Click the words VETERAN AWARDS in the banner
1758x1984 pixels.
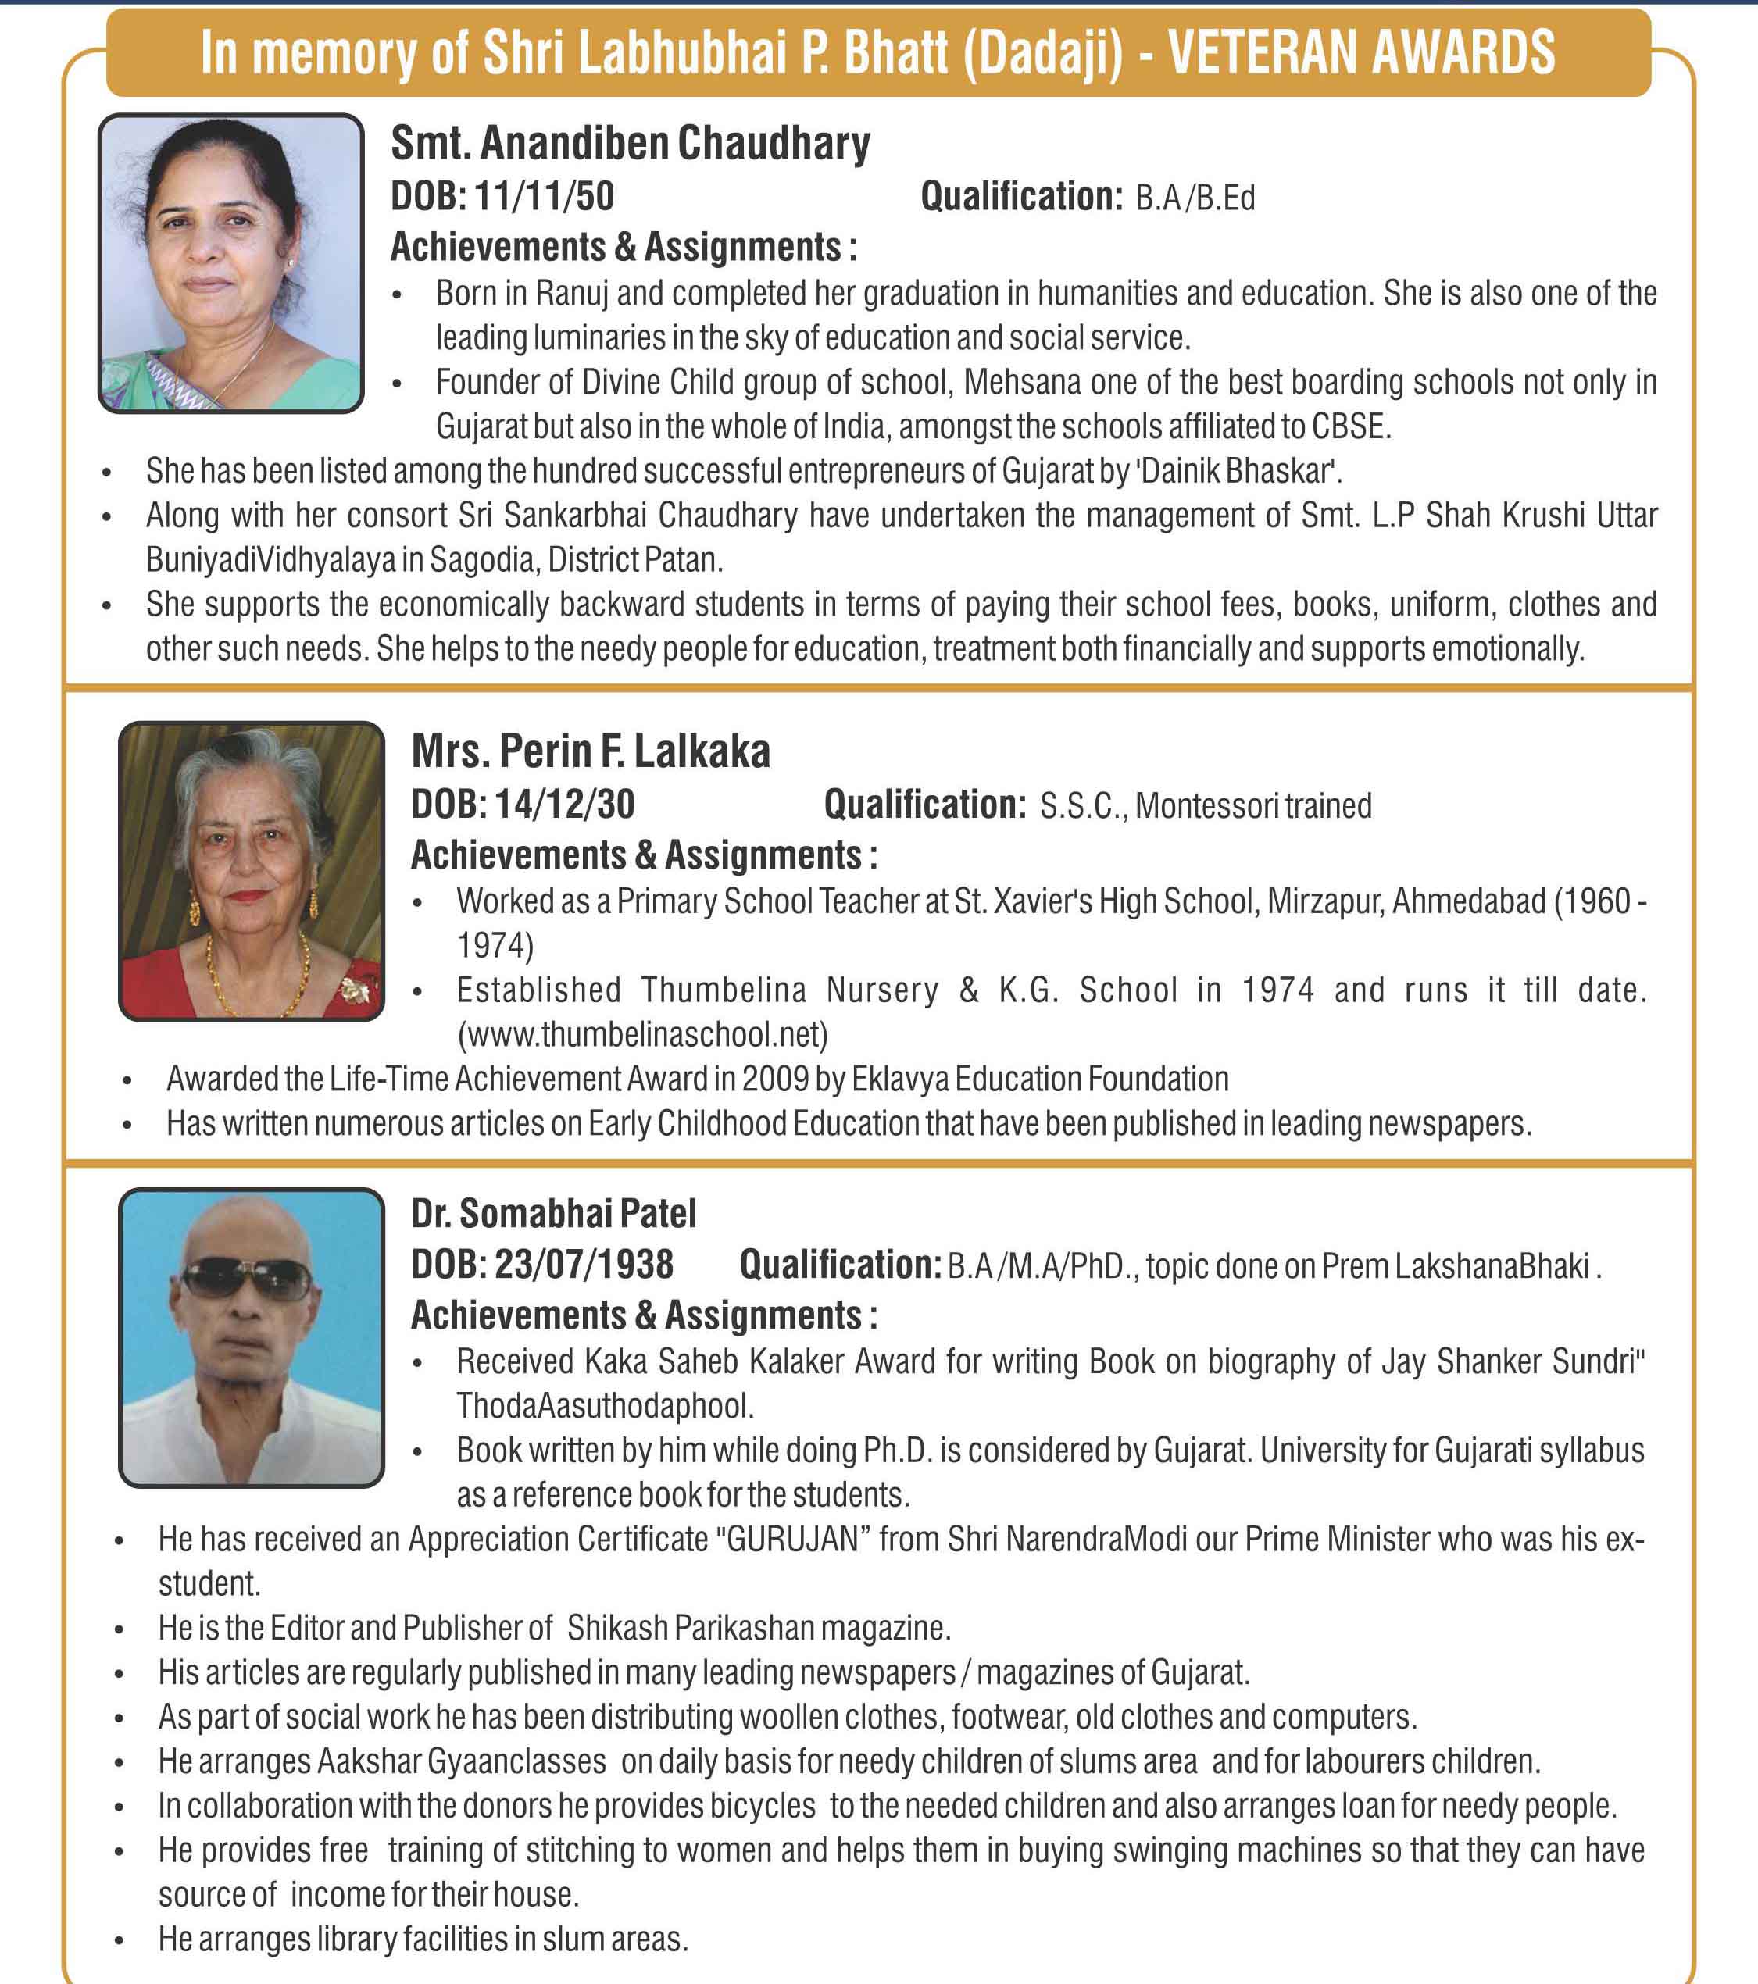(x=1361, y=53)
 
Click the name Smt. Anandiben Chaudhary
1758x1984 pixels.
(x=630, y=144)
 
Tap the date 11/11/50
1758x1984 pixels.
(x=544, y=197)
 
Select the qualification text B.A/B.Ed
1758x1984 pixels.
(x=1195, y=199)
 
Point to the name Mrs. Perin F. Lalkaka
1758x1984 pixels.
(x=590, y=752)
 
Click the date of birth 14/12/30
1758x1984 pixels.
(x=564, y=805)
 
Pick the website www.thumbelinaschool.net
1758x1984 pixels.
(x=642, y=1035)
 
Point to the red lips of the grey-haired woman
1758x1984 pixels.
(x=247, y=896)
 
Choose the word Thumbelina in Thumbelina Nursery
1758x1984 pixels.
(x=724, y=991)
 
